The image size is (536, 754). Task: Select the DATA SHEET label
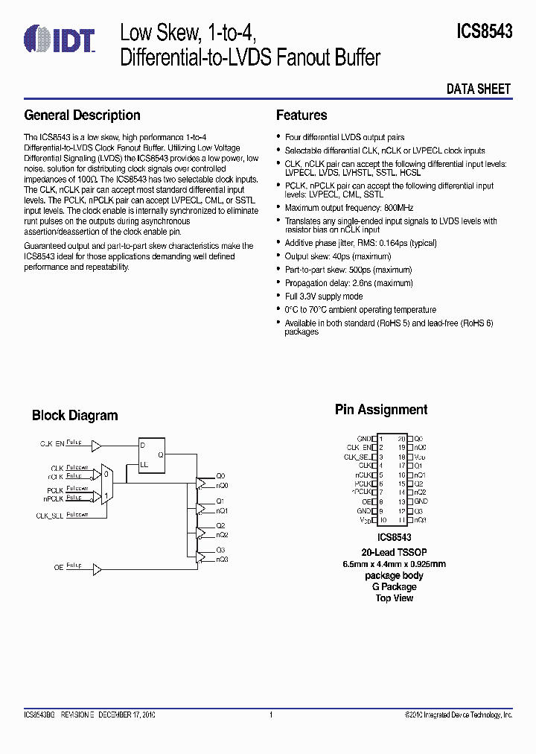coord(479,89)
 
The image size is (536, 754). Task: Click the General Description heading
coord(82,115)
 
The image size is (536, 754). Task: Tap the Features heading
coord(301,115)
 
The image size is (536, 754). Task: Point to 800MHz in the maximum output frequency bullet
coord(398,208)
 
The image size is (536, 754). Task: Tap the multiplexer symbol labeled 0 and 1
coord(107,484)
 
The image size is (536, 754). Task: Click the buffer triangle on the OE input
coord(97,570)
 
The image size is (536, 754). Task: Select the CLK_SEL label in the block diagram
coord(49,516)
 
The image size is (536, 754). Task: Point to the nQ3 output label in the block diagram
coord(223,560)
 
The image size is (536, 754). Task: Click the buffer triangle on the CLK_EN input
coord(97,445)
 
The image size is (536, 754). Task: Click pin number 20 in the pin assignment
coord(401,439)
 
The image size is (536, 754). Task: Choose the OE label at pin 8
coord(367,501)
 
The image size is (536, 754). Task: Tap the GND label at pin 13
coord(421,501)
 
